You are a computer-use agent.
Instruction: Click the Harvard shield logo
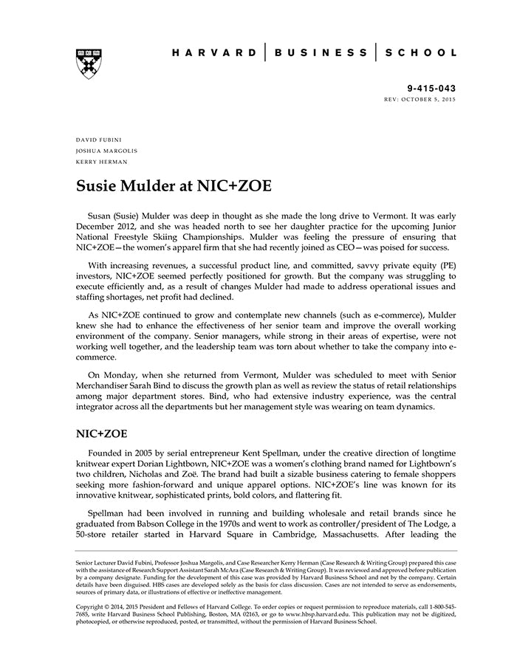pyautogui.click(x=88, y=63)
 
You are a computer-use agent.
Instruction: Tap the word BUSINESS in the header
pyautogui.click(x=321, y=53)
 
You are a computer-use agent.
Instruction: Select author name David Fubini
pyautogui.click(x=100, y=139)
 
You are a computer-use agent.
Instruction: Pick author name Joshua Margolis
pyautogui.click(x=106, y=151)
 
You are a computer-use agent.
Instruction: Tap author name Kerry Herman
pyautogui.click(x=101, y=162)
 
